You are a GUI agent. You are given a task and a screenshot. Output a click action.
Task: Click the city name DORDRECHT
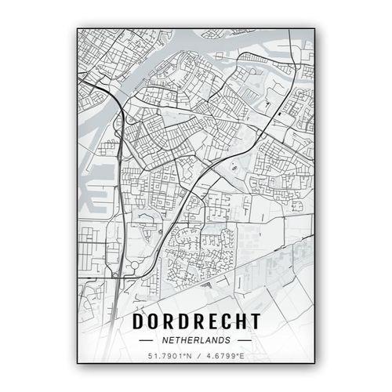pyautogui.click(x=196, y=321)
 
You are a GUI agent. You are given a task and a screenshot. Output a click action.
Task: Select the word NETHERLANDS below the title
pyautogui.click(x=196, y=341)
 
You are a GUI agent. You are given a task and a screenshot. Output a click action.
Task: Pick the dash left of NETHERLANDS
pyautogui.click(x=149, y=341)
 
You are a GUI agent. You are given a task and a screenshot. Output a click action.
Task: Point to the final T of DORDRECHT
pyautogui.click(x=254, y=321)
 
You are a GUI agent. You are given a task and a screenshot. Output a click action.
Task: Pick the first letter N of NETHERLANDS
pyautogui.click(x=166, y=341)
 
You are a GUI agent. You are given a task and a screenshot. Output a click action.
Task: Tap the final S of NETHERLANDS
pyautogui.click(x=227, y=341)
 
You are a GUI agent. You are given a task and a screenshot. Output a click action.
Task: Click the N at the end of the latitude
pyautogui.click(x=189, y=358)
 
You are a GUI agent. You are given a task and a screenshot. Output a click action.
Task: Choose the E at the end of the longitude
pyautogui.click(x=242, y=358)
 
